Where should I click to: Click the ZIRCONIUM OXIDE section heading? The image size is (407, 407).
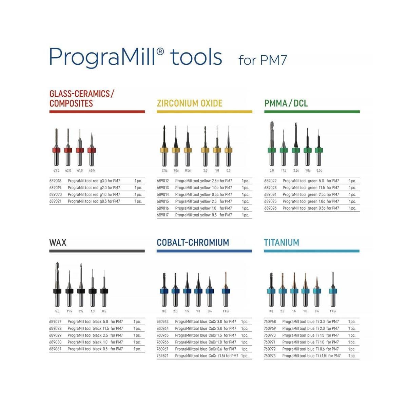tap(190, 103)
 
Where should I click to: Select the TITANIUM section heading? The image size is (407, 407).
tap(282, 243)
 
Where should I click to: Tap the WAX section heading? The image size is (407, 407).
tap(58, 243)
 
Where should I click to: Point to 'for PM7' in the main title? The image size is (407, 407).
tap(263, 60)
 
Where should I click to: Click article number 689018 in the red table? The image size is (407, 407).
tap(55, 181)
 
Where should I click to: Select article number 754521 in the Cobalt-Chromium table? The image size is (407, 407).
tap(162, 356)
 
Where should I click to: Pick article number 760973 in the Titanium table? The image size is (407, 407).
tap(270, 356)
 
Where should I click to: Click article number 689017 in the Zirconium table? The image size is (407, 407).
tap(162, 215)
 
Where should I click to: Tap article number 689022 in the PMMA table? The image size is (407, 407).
tap(270, 181)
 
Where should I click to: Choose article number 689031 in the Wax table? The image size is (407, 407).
tap(55, 349)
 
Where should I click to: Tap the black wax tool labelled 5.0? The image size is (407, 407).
tap(57, 288)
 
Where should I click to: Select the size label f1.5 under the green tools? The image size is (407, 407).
tap(284, 171)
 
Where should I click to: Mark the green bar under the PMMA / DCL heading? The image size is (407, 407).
tap(312, 112)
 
